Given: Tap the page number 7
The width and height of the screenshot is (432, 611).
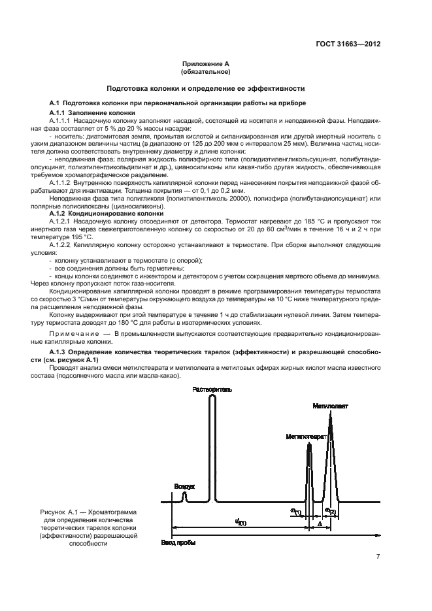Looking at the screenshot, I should (378, 557).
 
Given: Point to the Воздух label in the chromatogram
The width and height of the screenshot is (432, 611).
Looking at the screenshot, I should (184, 487).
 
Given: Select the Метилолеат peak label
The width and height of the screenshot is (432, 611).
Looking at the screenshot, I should (330, 406).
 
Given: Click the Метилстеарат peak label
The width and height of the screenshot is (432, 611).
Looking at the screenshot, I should (305, 436).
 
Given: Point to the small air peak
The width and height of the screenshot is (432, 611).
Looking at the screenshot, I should (184, 497).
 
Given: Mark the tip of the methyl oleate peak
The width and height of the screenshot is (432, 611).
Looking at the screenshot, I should (330, 416).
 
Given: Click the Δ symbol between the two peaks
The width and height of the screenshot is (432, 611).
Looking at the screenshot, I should (319, 523).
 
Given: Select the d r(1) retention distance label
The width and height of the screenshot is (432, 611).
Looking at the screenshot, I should (240, 522).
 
